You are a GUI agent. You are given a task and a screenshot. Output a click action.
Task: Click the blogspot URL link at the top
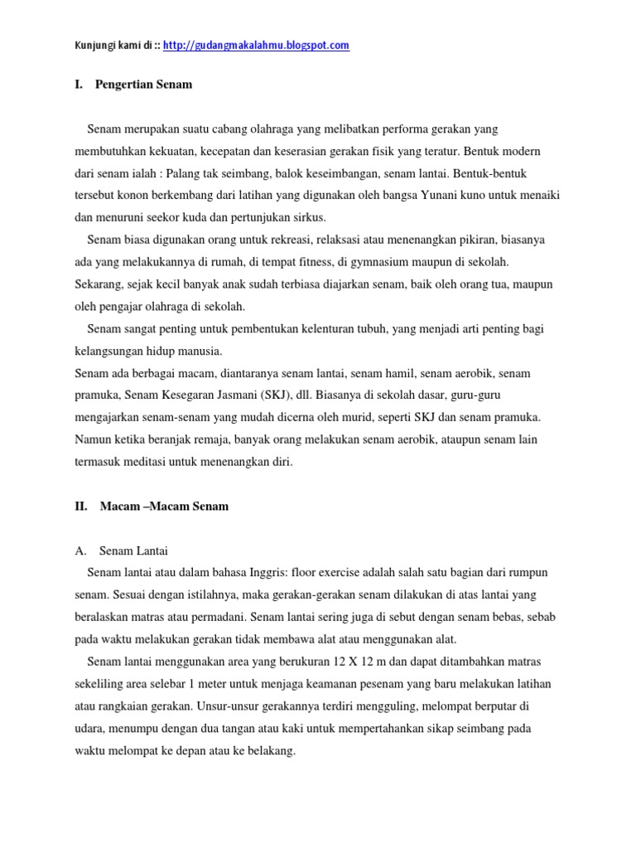pos(256,46)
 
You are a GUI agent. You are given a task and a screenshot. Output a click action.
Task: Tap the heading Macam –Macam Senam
pos(164,507)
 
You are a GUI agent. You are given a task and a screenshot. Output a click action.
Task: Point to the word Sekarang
pos(99,284)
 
